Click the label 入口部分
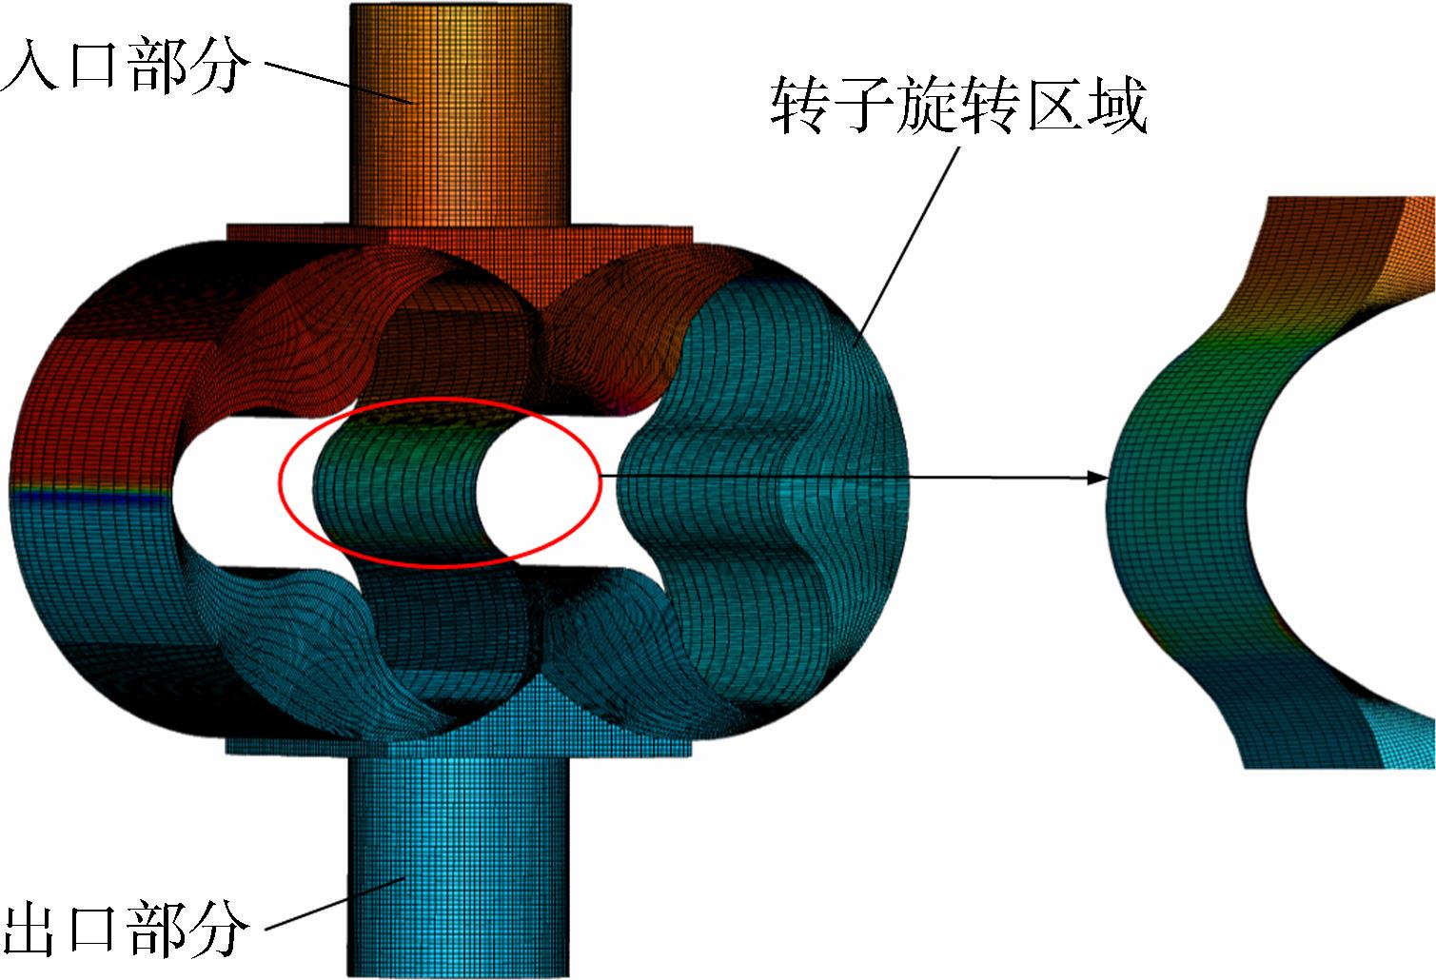125,65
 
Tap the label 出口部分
125,928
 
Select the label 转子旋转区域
958,105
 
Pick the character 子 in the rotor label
862,105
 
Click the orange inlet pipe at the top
461,114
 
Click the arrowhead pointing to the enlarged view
1097,478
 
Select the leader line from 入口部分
339,83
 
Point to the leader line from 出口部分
335,902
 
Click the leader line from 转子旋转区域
907,246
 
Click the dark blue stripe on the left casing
89,497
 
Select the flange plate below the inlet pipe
460,235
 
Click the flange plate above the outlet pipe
459,747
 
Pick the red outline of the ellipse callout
440,398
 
